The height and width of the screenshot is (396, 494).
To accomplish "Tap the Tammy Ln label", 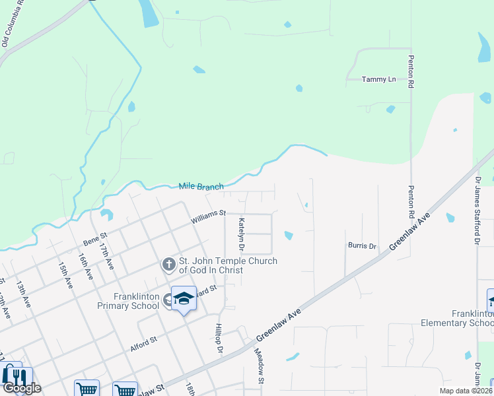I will click(x=379, y=79).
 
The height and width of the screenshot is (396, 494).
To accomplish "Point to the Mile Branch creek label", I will click(x=201, y=187).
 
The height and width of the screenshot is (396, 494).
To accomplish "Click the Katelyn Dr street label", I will click(x=242, y=234).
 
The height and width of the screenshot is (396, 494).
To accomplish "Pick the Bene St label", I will click(x=94, y=238).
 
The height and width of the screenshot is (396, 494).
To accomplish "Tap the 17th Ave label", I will click(x=106, y=253).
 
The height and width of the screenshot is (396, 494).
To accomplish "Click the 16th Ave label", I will click(x=86, y=265).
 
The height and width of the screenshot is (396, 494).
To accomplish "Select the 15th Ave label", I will click(x=64, y=275).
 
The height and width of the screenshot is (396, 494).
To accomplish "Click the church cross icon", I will click(x=168, y=265).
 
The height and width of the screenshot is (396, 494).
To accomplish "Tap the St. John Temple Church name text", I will click(x=224, y=266).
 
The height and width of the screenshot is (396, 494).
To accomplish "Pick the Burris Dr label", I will click(x=362, y=246).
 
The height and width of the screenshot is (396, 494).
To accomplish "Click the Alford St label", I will click(x=143, y=343).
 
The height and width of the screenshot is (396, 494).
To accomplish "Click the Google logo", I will click(x=22, y=388).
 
